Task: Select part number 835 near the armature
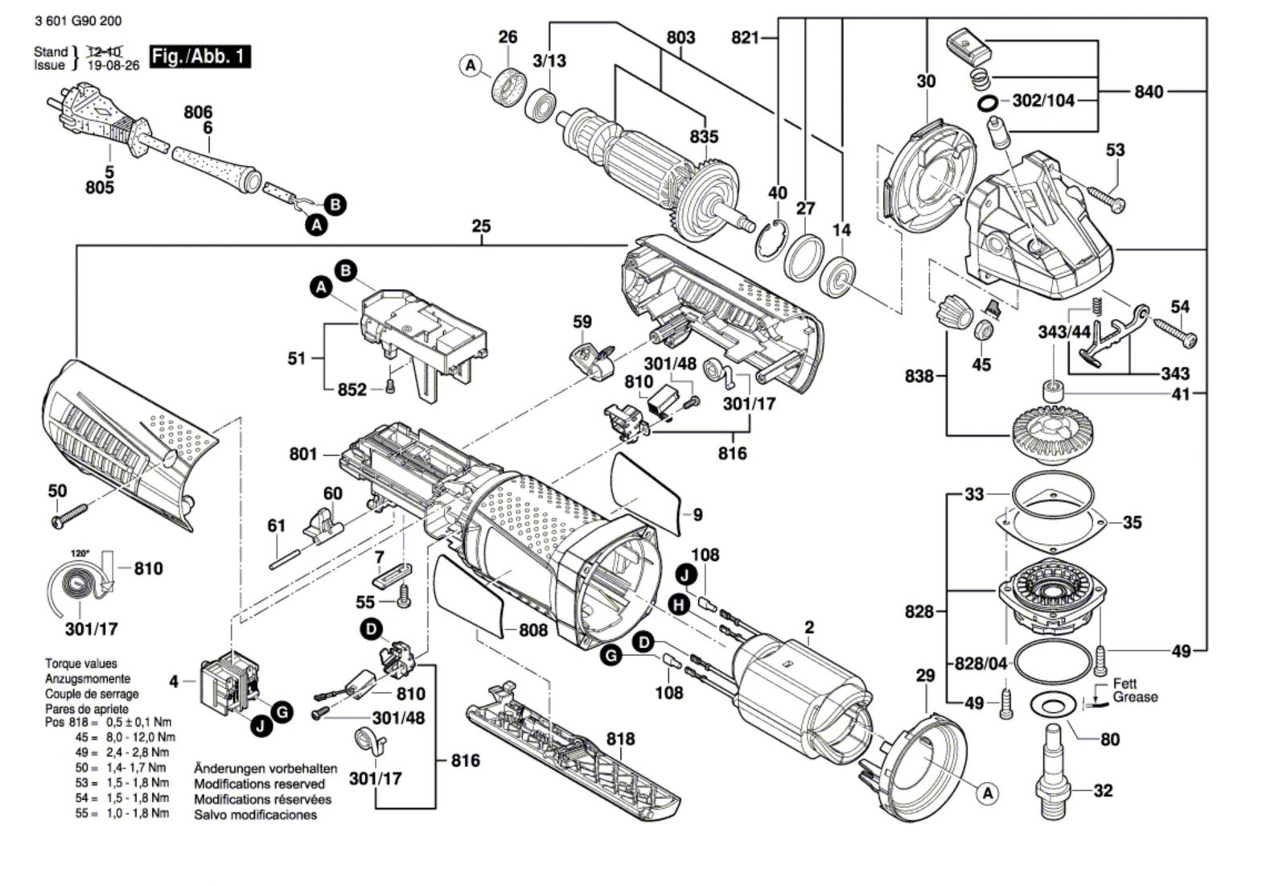pyautogui.click(x=704, y=137)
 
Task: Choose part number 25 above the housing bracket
pyautogui.click(x=481, y=226)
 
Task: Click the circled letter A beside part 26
pyautogui.click(x=471, y=66)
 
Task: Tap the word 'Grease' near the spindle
pyautogui.click(x=1135, y=697)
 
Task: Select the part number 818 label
pyautogui.click(x=620, y=739)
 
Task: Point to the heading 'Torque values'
pyautogui.click(x=80, y=664)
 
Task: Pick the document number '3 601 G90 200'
pyautogui.click(x=73, y=21)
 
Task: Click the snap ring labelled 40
pyautogui.click(x=769, y=239)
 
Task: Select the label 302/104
pyautogui.click(x=1042, y=101)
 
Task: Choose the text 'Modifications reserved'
pyautogui.click(x=259, y=784)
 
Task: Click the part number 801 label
pyautogui.click(x=303, y=455)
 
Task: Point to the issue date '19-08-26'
pyautogui.click(x=113, y=66)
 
